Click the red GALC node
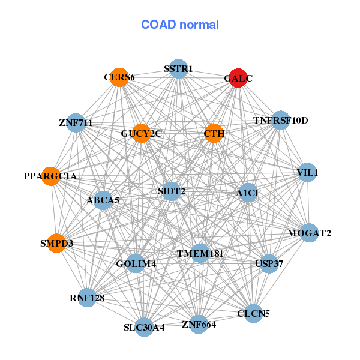tap(238, 78)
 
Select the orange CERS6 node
tap(119, 77)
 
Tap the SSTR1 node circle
tap(178, 69)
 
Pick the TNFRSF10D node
tap(280, 121)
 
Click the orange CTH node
tap(214, 133)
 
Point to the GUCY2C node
tap(142, 133)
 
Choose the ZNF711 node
tap(76, 123)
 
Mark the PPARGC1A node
tap(51, 176)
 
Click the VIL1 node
tap(307, 173)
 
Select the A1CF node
tap(248, 193)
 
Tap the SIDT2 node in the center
tap(172, 191)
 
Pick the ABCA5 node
tap(103, 200)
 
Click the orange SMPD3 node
tap(56, 243)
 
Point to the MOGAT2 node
tap(309, 233)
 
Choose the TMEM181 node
tap(200, 254)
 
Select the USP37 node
tap(269, 263)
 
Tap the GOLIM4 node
tap(136, 263)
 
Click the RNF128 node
tap(87, 298)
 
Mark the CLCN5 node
tap(253, 313)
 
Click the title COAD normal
tap(180, 25)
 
